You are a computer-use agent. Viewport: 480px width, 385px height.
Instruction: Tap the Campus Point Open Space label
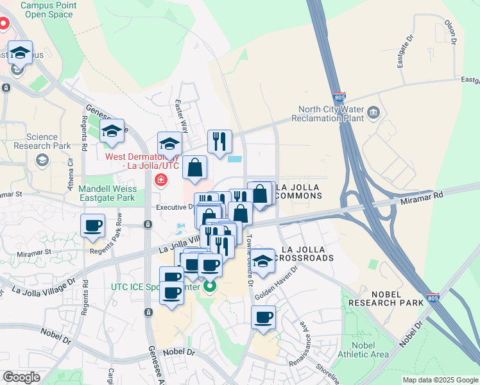pyautogui.click(x=48, y=10)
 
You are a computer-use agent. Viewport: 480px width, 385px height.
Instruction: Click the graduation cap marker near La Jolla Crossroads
pyautogui.click(x=262, y=261)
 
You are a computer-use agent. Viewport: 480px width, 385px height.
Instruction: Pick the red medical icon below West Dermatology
pyautogui.click(x=158, y=180)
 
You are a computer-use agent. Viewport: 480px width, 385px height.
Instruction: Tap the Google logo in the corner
pyautogui.click(x=22, y=377)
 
